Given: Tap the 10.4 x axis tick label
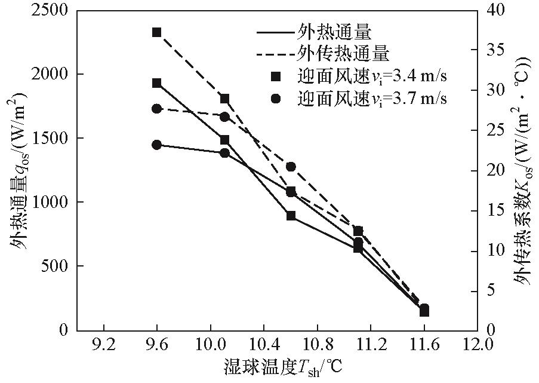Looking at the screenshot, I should click(263, 345).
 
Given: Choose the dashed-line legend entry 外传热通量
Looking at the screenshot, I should click(343, 53).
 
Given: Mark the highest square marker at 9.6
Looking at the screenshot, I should click(157, 32).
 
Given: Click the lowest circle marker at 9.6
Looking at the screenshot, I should click(157, 145).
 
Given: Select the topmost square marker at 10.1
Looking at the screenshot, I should click(224, 99).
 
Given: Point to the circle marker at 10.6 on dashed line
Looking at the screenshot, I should click(291, 167).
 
